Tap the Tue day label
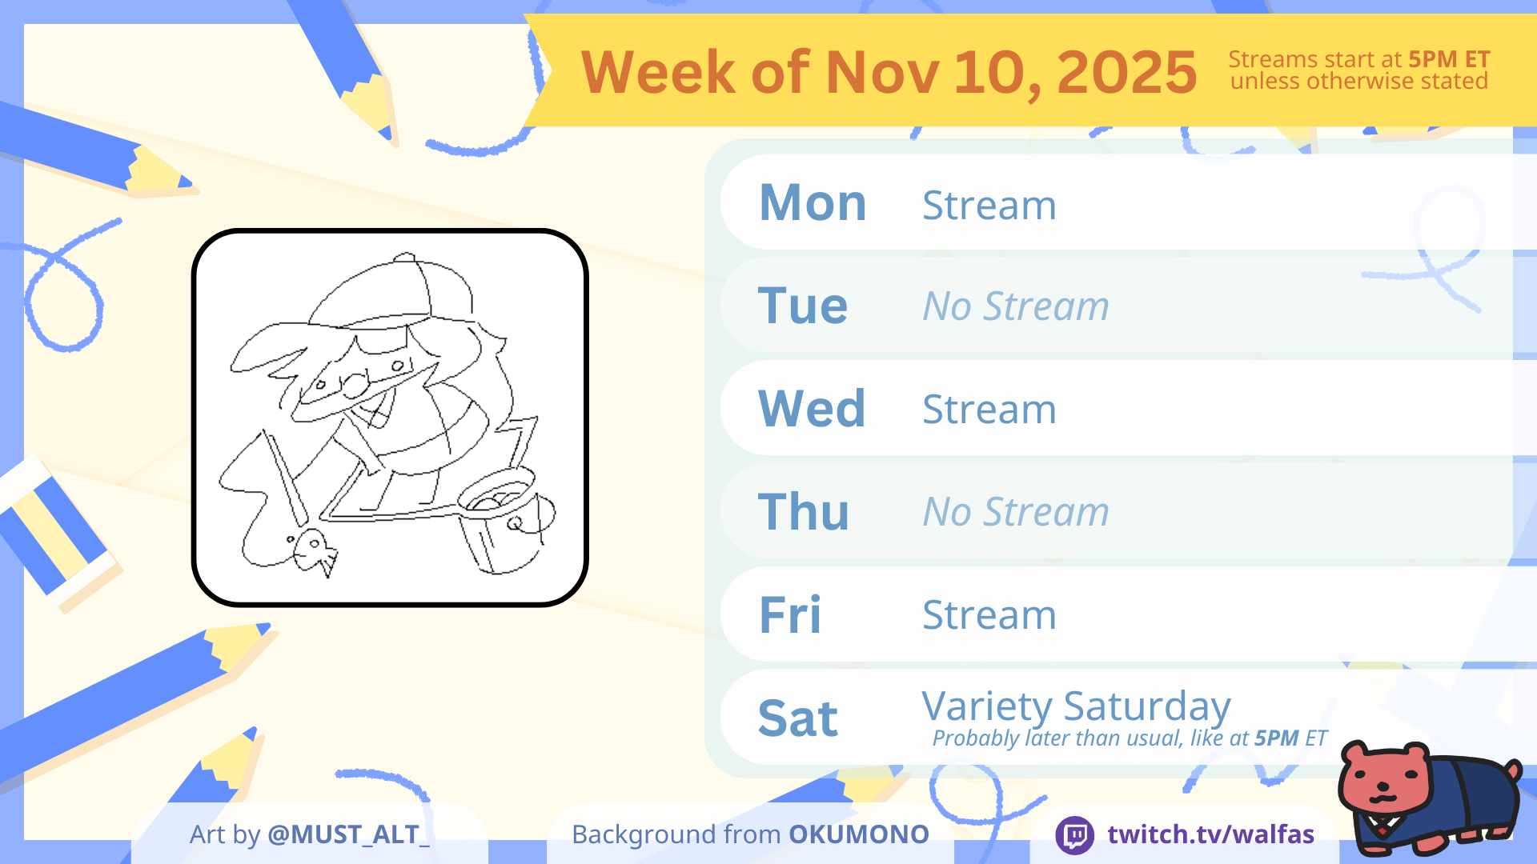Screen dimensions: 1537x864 pos(803,306)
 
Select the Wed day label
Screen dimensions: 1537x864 pos(812,408)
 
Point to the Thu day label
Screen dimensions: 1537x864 pos(804,511)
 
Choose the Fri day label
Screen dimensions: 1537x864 pos(790,614)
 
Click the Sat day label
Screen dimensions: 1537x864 pos(798,718)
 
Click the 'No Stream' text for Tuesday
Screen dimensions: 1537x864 pos(1016,306)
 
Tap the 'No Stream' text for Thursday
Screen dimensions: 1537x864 pos(1016,511)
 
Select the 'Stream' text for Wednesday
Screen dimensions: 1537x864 pos(989,409)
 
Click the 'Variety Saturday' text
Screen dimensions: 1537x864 pos(1076,706)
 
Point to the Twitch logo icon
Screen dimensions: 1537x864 pos(1075,835)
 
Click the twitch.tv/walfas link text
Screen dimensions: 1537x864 pos(1211,834)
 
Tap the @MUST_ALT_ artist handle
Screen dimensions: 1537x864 pos(348,834)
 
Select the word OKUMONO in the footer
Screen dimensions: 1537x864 pos(859,834)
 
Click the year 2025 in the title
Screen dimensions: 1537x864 pos(1127,72)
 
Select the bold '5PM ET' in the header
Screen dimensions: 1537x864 pos(1449,59)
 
